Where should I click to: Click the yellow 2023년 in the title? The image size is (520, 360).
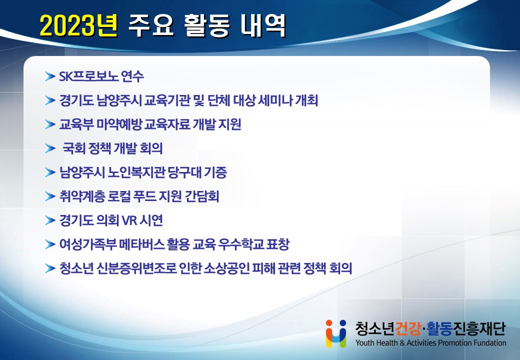78,25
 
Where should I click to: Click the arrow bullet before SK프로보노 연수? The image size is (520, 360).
50,76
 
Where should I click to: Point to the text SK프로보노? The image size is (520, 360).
88,76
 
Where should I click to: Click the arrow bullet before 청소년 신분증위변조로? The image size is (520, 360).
50,268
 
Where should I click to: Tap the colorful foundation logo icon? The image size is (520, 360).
336,333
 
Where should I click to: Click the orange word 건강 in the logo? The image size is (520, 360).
408,328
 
